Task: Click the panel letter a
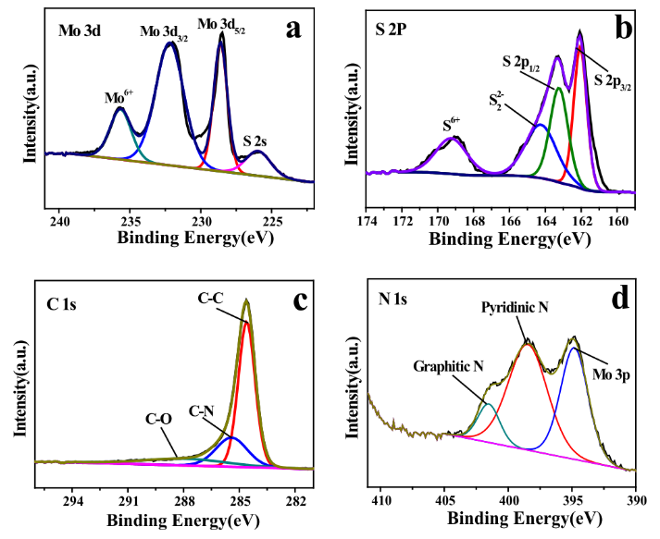pos(293,29)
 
